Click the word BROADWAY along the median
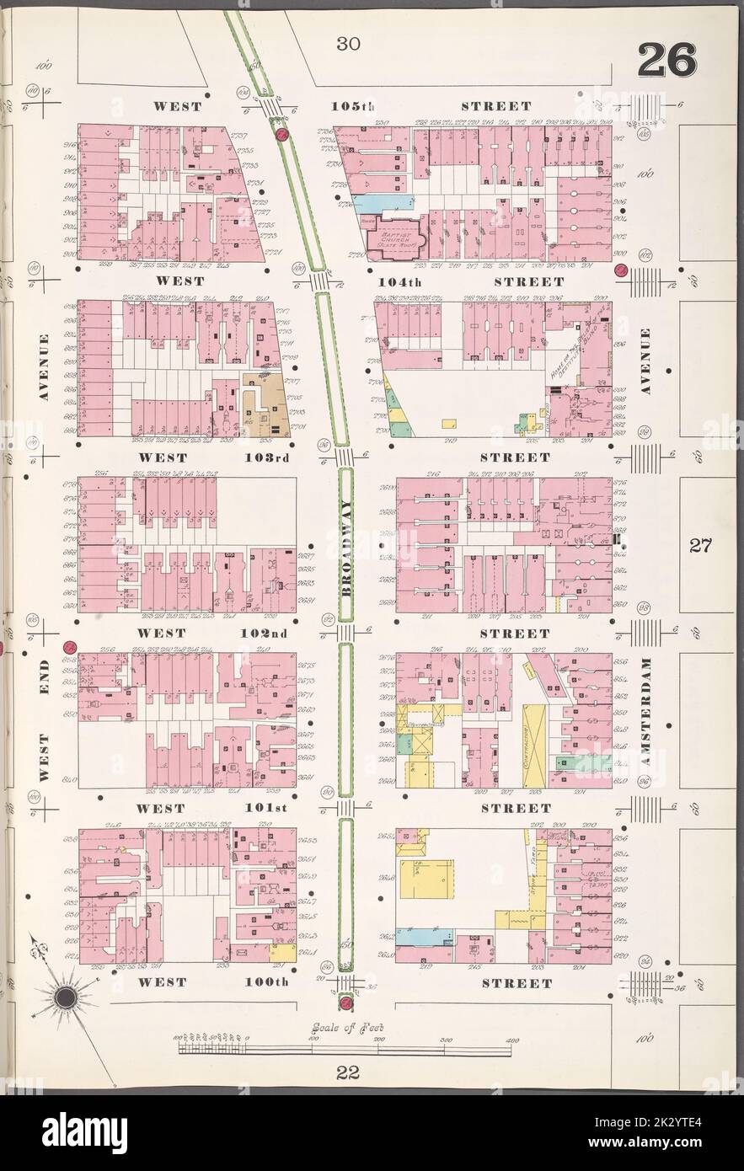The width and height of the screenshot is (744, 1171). [345, 548]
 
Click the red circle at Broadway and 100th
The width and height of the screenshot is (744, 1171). [345, 1003]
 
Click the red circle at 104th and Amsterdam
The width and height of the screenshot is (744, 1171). [621, 270]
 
